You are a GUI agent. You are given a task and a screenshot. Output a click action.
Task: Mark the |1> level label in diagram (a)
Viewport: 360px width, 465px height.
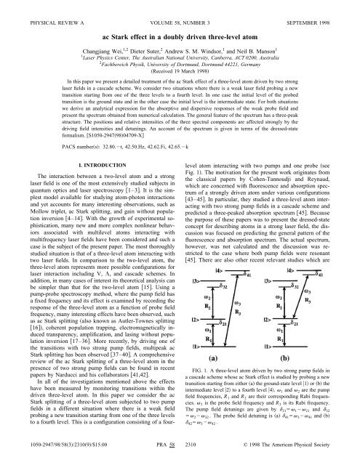tap(196, 361)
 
